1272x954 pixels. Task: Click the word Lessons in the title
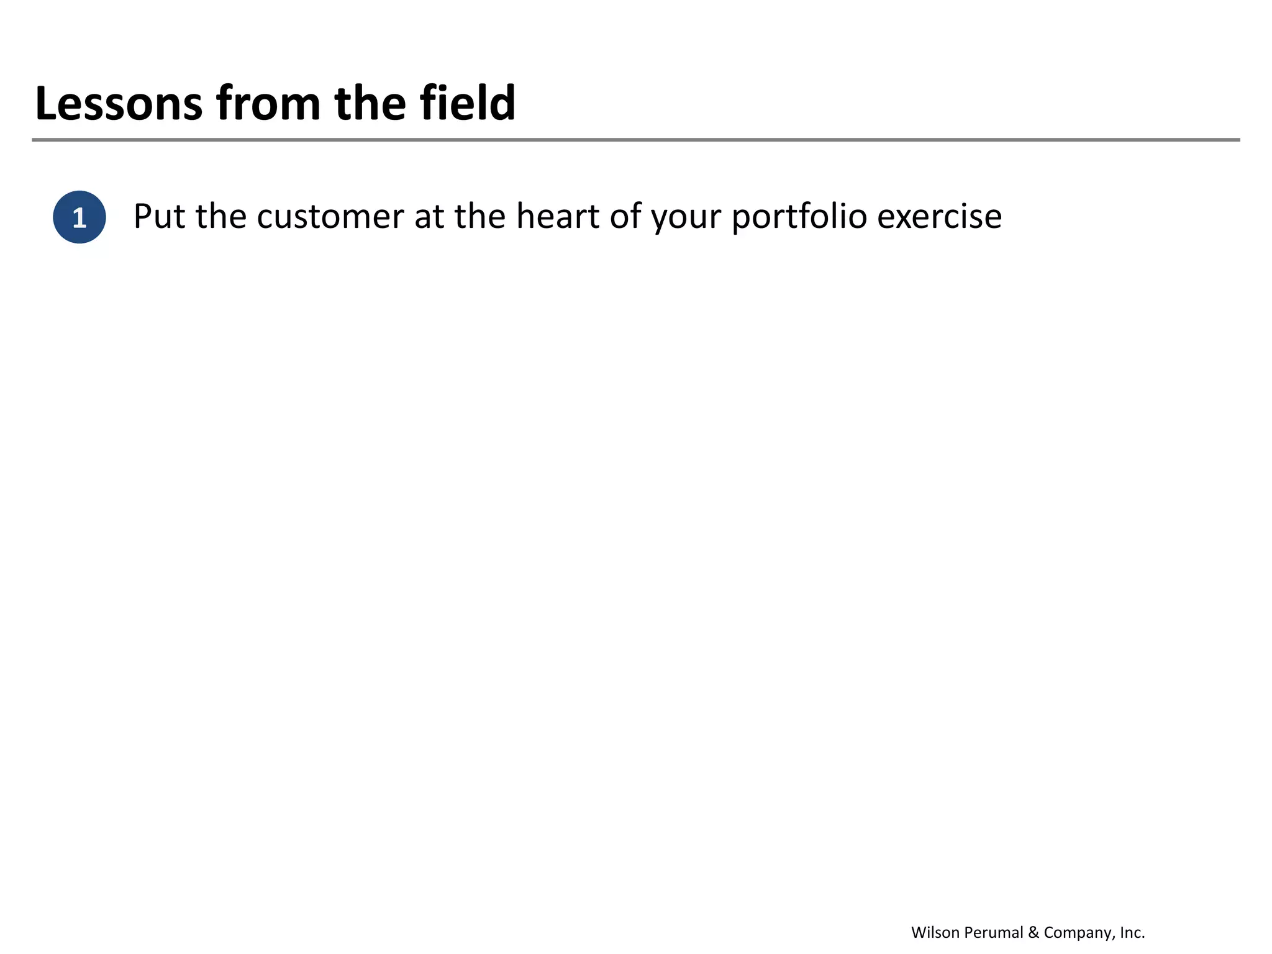119,103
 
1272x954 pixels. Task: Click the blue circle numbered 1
79,217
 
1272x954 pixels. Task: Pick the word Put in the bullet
159,217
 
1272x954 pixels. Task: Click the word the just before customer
221,217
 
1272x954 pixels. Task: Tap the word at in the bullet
429,217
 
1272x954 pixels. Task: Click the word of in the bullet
625,217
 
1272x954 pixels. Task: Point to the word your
686,217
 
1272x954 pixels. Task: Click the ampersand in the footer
1033,932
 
